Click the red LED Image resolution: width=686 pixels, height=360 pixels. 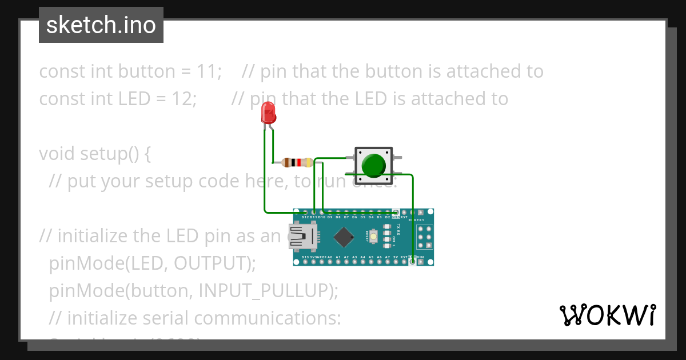tap(268, 113)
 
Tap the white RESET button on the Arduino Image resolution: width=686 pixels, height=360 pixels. tap(373, 236)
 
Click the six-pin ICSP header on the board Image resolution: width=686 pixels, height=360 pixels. tap(424, 237)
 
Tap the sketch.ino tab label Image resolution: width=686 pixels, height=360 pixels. tap(101, 25)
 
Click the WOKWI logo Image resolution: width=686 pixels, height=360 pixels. tap(607, 315)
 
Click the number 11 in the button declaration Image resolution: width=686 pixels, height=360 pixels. tap(209, 71)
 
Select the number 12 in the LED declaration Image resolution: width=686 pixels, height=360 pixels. tap(184, 99)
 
